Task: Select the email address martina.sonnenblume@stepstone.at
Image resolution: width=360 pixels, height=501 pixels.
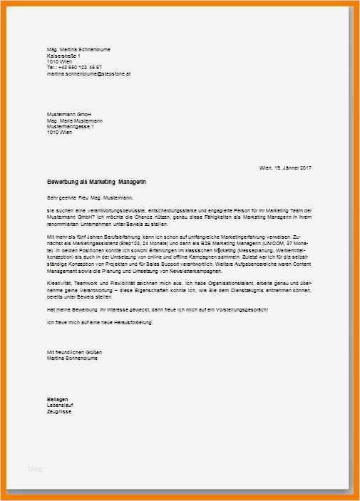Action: click(88, 73)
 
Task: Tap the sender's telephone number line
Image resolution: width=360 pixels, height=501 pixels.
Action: click(74, 67)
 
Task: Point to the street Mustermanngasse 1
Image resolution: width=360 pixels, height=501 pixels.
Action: click(71, 127)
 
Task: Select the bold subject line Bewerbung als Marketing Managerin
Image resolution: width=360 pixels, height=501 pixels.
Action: click(96, 182)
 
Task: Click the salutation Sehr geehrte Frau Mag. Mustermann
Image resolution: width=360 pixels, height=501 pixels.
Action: click(90, 197)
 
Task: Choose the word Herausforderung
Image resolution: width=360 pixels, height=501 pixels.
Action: click(132, 323)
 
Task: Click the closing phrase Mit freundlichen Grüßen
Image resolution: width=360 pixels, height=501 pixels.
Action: click(71, 353)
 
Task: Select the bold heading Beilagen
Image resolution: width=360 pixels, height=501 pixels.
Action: click(58, 399)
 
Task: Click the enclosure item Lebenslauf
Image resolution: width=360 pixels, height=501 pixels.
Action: click(60, 406)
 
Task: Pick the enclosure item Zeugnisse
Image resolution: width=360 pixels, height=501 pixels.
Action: click(59, 412)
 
